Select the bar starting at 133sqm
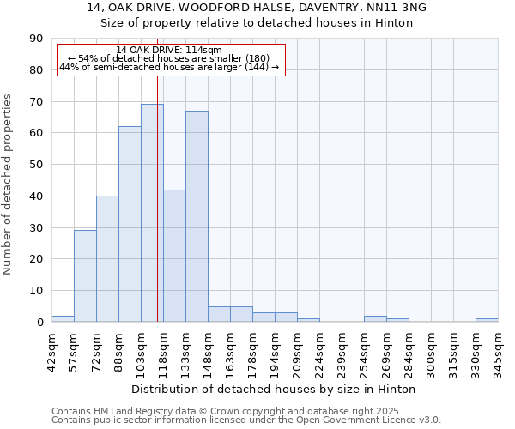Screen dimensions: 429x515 click(x=197, y=216)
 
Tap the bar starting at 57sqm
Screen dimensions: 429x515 click(x=85, y=276)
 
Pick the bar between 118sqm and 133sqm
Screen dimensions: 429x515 click(x=174, y=256)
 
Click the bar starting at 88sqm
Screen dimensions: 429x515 click(x=130, y=224)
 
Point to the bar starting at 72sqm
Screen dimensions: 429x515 click(x=107, y=258)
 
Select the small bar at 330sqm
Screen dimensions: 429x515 click(x=487, y=320)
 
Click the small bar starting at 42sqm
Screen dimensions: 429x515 click(x=63, y=318)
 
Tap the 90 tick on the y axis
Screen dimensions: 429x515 click(x=36, y=39)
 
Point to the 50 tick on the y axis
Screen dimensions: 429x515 click(x=36, y=165)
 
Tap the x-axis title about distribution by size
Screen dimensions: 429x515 click(x=275, y=389)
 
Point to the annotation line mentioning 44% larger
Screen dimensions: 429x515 click(x=169, y=67)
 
